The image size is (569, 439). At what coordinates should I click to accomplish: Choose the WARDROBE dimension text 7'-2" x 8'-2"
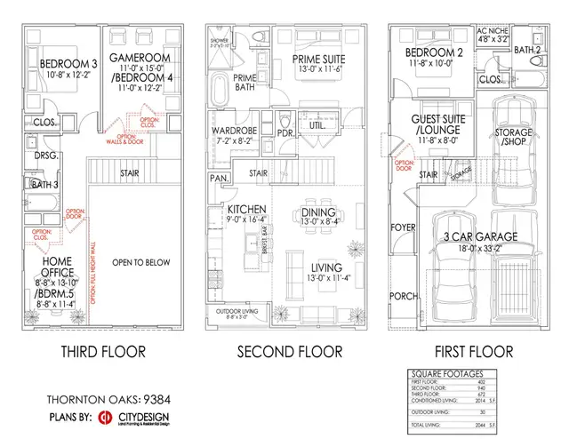pos(235,140)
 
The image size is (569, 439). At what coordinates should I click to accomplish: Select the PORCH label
pos(404,296)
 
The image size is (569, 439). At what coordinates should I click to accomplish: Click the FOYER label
pos(405,227)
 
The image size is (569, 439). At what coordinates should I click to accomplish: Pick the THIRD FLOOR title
pos(103,352)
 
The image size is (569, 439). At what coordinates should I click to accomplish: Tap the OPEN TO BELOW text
pos(143,262)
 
